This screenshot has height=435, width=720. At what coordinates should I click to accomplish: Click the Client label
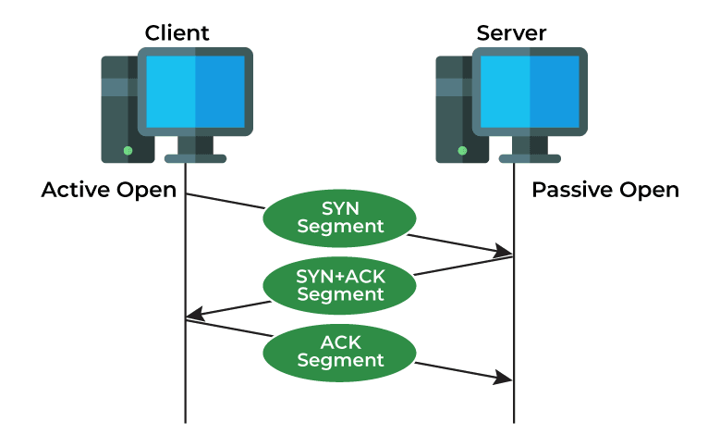coord(177,33)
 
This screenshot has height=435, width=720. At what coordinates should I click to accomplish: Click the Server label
coord(511,33)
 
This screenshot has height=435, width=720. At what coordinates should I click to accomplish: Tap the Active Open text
coord(110,191)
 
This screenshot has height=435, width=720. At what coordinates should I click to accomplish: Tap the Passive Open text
coord(604,191)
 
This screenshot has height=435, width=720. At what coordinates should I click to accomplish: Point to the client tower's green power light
coord(128,150)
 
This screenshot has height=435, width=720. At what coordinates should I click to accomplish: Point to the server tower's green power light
coord(462,150)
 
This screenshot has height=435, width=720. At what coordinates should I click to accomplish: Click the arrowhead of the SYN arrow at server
coord(506,252)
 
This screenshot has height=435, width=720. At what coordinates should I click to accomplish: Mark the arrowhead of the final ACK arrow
coord(506,379)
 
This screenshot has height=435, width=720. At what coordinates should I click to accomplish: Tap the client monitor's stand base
coord(195,158)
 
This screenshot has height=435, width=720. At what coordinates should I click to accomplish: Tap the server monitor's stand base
coord(530,158)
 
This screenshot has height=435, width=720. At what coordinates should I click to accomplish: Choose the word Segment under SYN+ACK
coord(340,295)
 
